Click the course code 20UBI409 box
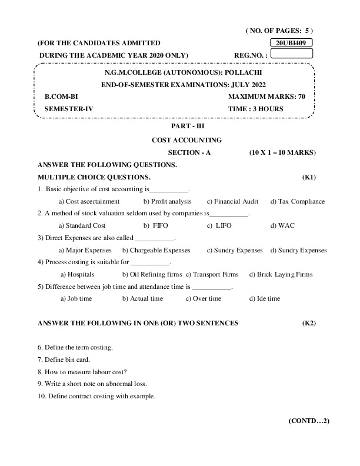292,43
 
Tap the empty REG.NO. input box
291,54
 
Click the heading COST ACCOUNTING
186,140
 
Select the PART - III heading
186,126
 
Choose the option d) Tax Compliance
297,201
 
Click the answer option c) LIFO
219,225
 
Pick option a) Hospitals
78,274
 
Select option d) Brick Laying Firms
281,274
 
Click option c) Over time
204,298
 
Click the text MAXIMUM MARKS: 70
266,96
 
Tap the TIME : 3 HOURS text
255,109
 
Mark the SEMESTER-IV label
69,109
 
